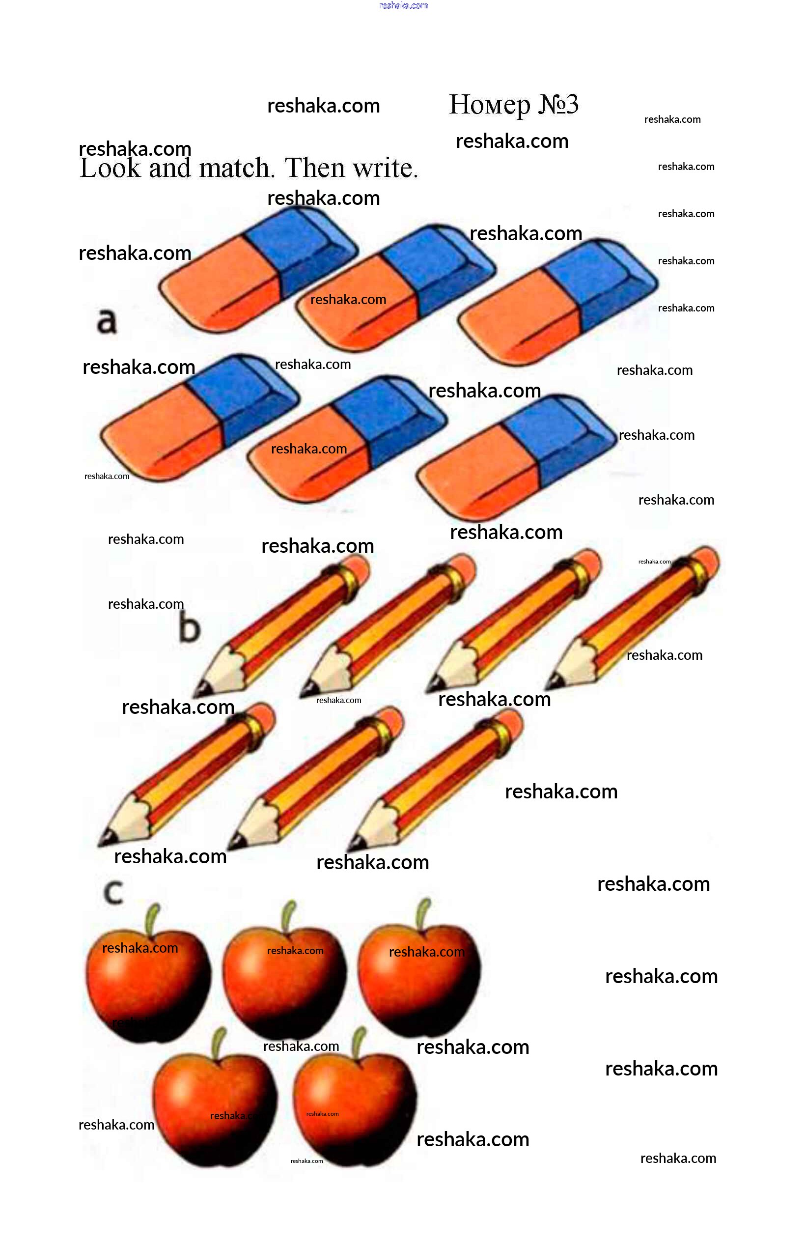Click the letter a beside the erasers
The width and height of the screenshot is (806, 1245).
click(106, 320)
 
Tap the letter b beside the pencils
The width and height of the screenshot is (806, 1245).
click(189, 628)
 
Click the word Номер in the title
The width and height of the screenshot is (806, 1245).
click(489, 105)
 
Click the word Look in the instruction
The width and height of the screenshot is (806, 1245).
click(110, 169)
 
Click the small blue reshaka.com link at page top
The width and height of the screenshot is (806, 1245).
click(403, 5)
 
